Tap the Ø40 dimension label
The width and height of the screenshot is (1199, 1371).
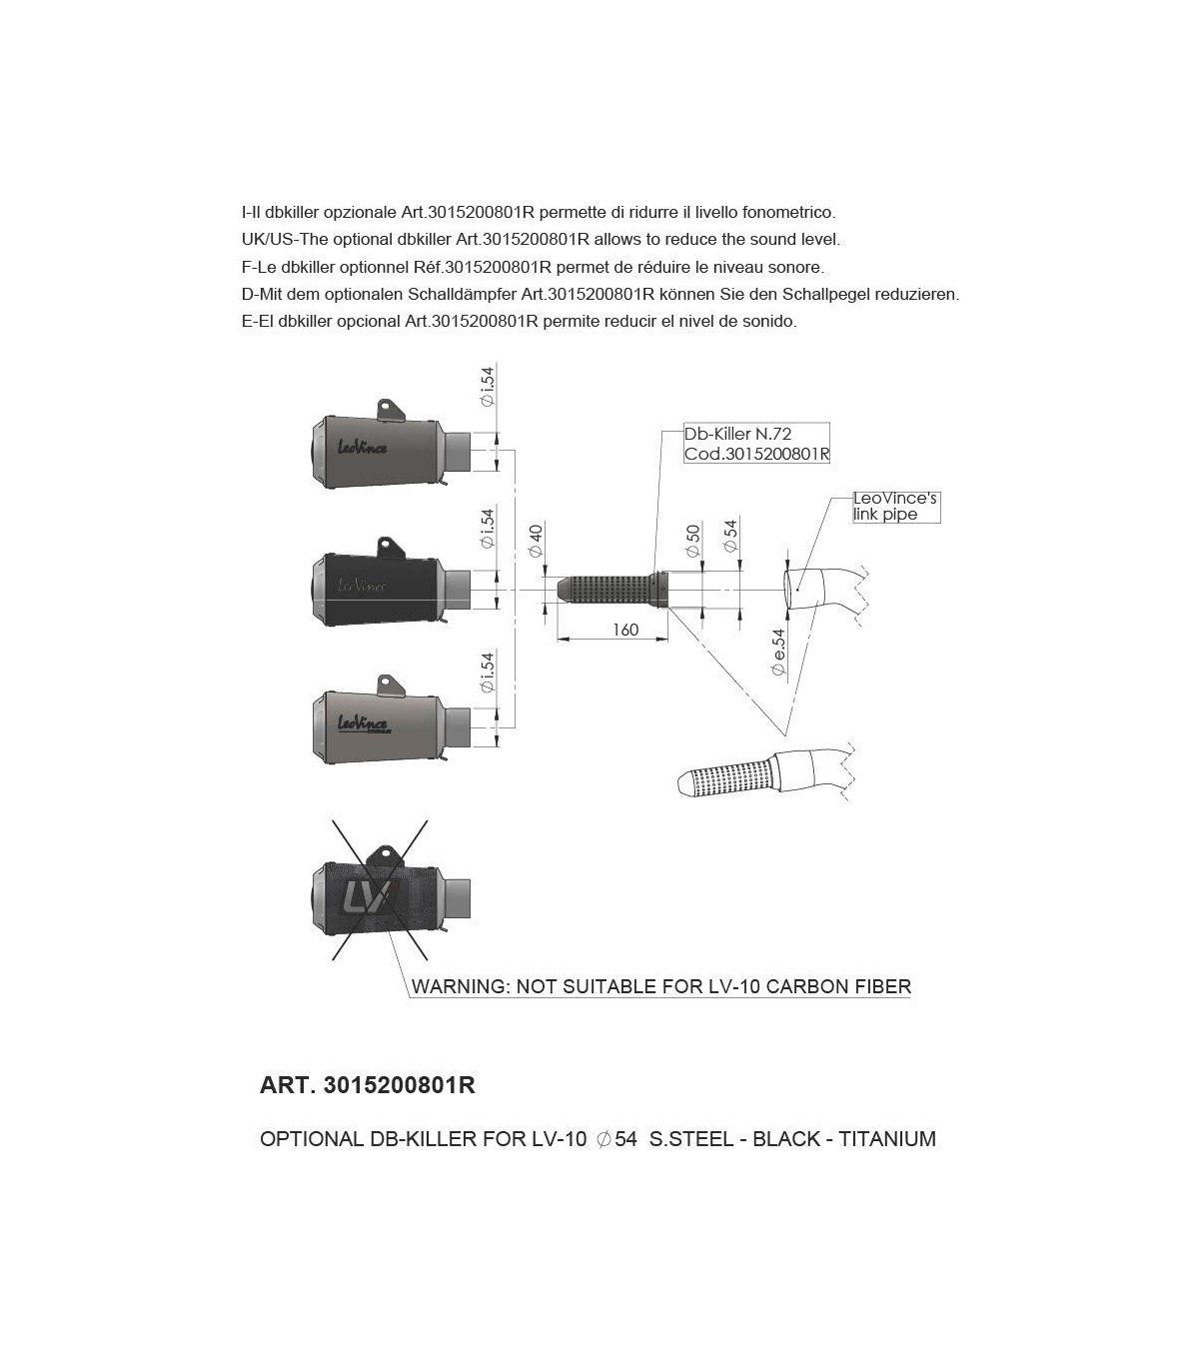coord(536,540)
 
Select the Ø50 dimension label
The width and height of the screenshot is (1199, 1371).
coord(692,541)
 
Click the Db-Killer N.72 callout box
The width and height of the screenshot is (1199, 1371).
coord(756,444)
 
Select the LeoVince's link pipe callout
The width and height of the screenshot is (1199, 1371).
coord(895,506)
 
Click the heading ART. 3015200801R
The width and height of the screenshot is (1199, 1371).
coord(367,1085)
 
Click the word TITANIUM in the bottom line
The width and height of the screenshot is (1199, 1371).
coord(887,1139)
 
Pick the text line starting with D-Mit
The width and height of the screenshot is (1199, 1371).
coord(599,295)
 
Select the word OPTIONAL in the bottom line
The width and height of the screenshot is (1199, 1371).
coord(307,1139)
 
